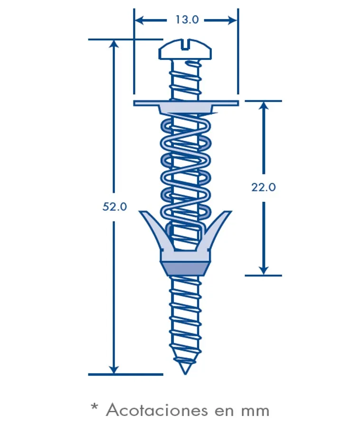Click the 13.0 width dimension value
pos(187,19)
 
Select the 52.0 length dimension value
pos(114,207)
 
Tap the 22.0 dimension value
pos(263,187)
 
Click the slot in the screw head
pos(185,45)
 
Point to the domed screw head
pos(185,49)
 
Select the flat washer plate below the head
pos(186,103)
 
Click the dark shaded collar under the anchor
pos(185,268)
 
